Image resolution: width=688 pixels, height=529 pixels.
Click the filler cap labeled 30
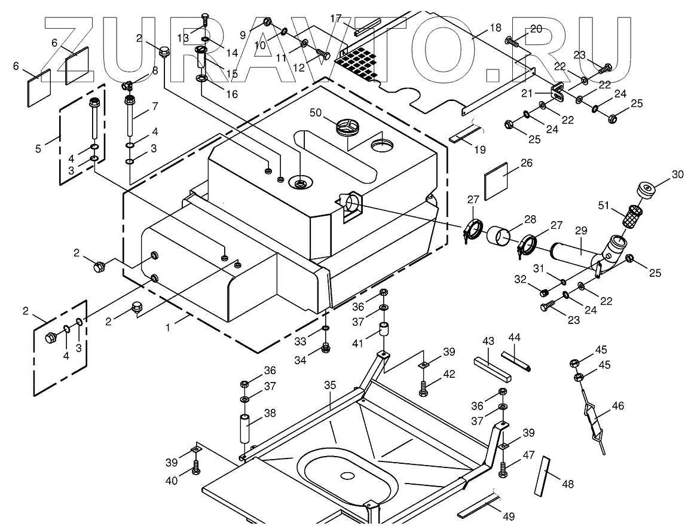pos(646,191)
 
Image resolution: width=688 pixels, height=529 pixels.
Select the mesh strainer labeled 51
pos(632,215)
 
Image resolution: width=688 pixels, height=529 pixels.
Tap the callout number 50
pos(316,113)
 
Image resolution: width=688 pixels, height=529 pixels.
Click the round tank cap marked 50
pos(347,127)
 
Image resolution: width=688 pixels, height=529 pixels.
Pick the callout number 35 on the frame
pos(331,386)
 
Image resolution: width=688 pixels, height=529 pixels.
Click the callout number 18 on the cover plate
pos(495,28)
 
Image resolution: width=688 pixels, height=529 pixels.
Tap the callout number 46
pos(617,406)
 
